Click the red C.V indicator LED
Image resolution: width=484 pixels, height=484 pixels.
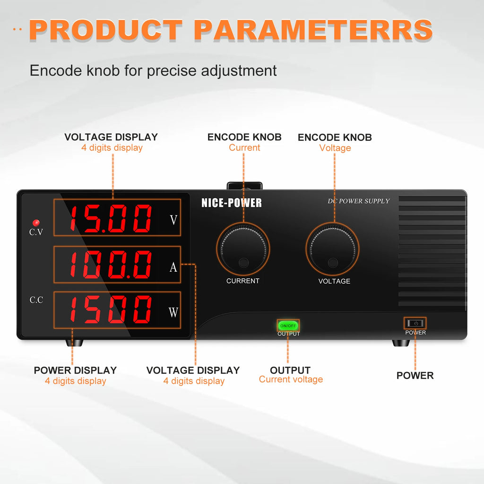[x=35, y=223]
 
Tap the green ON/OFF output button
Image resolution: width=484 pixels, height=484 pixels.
[x=288, y=325]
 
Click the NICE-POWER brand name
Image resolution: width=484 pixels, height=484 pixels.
[x=231, y=203]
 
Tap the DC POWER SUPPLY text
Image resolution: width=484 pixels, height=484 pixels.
[x=359, y=201]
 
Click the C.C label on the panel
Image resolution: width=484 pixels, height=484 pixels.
[x=36, y=300]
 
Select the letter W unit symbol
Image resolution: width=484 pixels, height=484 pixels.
[x=173, y=312]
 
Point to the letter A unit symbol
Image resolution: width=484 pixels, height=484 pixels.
[x=173, y=267]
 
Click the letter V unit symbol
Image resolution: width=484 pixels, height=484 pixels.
[x=173, y=220]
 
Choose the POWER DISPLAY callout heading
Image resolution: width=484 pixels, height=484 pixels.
[x=75, y=370]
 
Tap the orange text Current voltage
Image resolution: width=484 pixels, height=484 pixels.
[x=291, y=380]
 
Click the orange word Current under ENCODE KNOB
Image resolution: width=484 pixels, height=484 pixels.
[x=244, y=148]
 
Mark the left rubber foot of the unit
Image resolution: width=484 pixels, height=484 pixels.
[x=74, y=342]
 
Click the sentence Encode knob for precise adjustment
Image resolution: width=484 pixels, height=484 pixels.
[x=153, y=71]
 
